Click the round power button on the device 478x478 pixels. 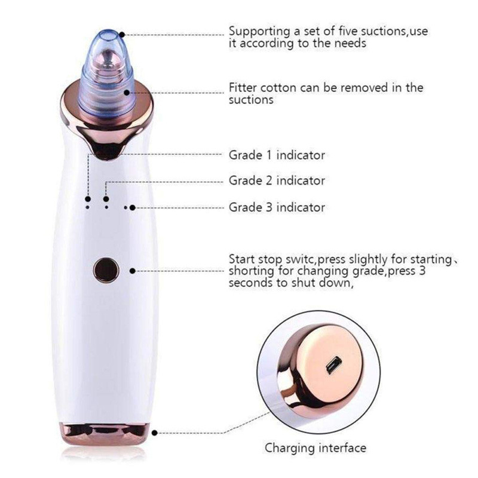[x=106, y=270]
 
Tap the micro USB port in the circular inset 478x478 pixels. [x=333, y=365]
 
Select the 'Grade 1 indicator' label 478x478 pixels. [x=277, y=155]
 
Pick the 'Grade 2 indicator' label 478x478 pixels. [x=277, y=180]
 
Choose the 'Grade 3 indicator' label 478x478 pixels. [x=277, y=207]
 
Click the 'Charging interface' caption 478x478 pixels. [x=315, y=448]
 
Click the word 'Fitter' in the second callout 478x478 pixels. [x=243, y=87]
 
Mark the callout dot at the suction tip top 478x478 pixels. [x=122, y=35]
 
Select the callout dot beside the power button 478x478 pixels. [x=132, y=271]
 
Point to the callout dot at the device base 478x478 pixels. [x=155, y=433]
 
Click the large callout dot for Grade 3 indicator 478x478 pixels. [x=132, y=207]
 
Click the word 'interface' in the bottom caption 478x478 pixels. [x=342, y=448]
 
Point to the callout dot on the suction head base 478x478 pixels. [x=127, y=93]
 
